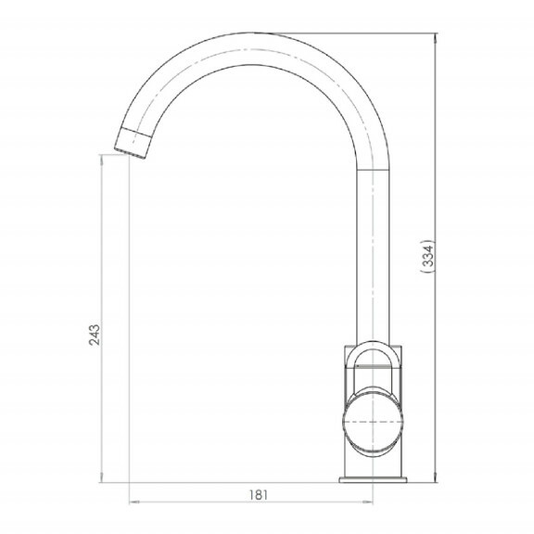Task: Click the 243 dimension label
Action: (x=95, y=335)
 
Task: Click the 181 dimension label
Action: (x=259, y=495)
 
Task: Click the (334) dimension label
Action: (x=428, y=256)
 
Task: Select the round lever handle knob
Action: (x=373, y=422)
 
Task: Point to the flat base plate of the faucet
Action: (x=373, y=480)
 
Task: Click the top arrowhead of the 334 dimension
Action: (x=436, y=37)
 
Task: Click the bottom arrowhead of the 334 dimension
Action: (x=436, y=478)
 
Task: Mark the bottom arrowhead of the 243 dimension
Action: (x=101, y=478)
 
